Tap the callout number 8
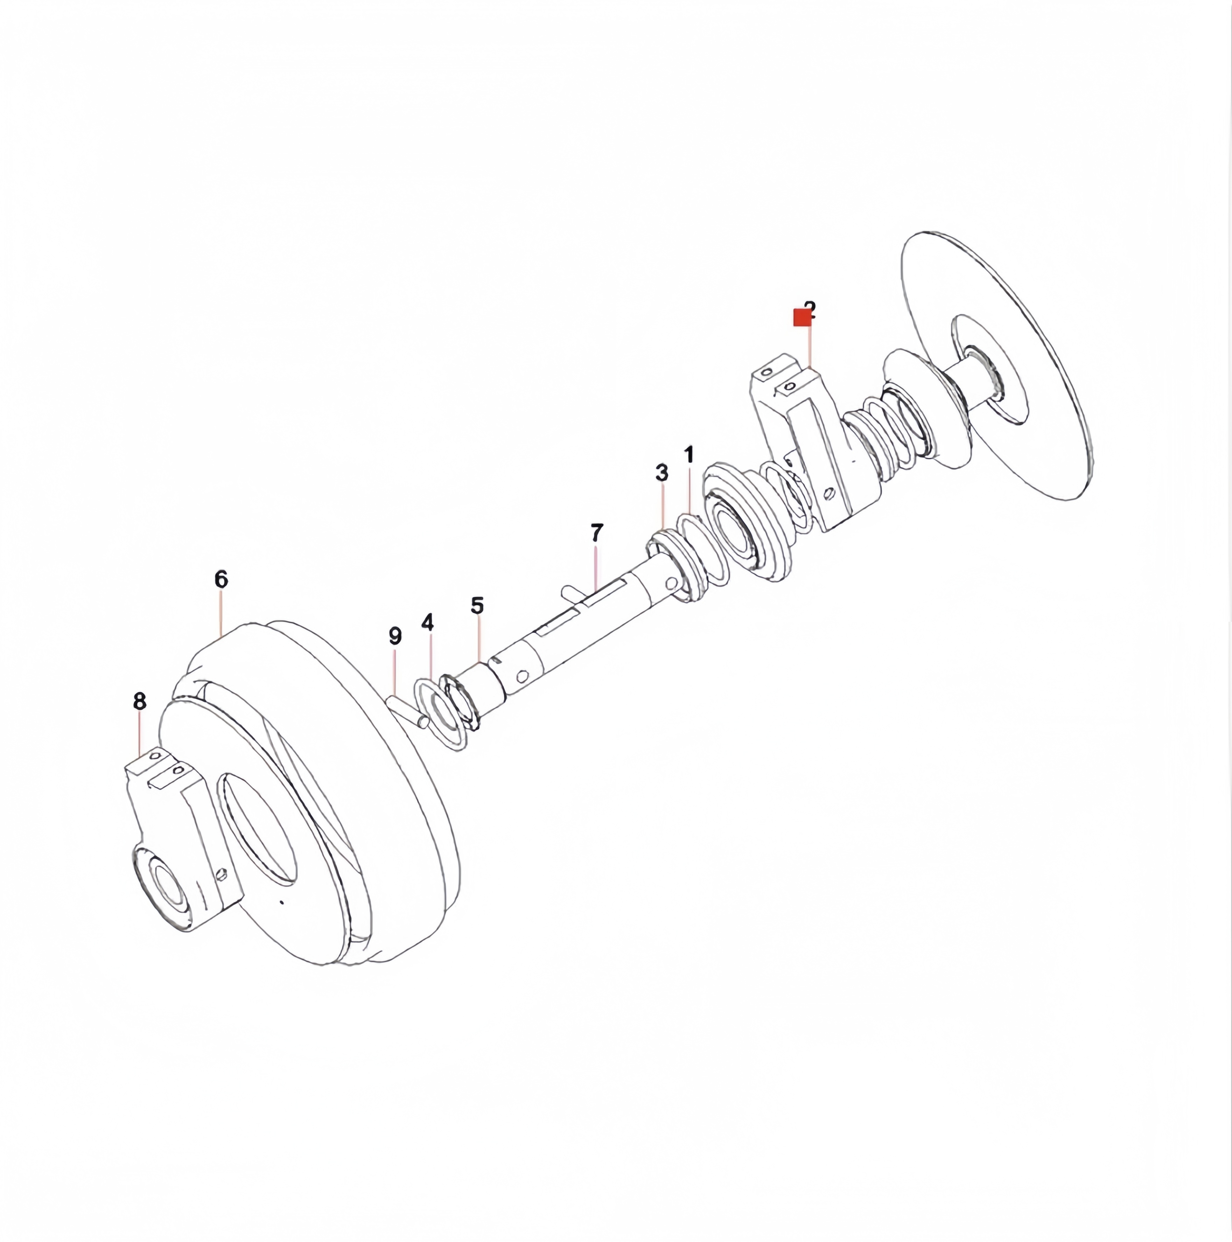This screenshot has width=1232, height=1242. click(139, 702)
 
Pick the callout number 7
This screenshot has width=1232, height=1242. click(597, 533)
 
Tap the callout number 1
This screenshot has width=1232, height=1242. click(689, 455)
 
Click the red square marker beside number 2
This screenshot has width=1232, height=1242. click(801, 318)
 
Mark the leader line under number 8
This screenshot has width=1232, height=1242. click(139, 733)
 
